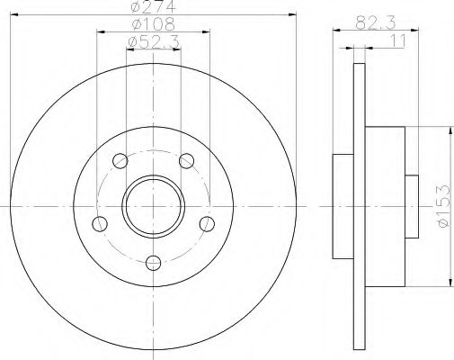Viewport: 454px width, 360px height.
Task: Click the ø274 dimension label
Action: point(153,6)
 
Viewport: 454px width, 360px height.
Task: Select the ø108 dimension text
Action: point(153,23)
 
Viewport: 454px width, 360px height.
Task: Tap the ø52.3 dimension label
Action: point(153,41)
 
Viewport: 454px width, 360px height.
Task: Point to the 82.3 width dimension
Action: point(376,22)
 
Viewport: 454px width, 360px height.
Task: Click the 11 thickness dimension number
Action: point(398,40)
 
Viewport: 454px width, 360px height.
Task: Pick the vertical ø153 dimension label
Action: point(444,206)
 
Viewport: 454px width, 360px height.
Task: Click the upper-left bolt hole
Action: point(120,161)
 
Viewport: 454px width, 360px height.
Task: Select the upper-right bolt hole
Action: point(186,161)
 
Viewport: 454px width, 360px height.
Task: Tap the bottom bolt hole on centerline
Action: point(153,263)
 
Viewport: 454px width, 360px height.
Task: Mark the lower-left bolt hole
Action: point(100,224)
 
